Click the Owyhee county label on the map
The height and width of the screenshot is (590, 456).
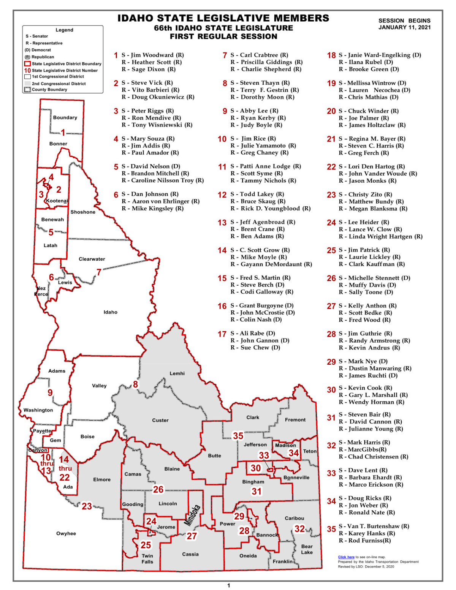(x=66, y=533)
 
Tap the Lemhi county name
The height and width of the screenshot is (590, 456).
(x=177, y=373)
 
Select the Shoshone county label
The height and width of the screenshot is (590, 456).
(x=83, y=212)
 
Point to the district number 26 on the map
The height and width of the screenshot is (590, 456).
(x=158, y=489)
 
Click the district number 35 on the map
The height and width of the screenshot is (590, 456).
(x=238, y=436)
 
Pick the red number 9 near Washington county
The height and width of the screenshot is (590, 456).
(x=50, y=393)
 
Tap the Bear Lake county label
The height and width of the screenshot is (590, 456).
(x=307, y=549)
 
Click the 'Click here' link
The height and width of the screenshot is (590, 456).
(x=346, y=557)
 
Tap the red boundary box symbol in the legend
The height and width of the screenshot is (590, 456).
(x=27, y=64)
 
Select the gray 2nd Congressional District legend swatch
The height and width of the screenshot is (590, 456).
(x=27, y=84)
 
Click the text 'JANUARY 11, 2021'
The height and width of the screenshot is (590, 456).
(x=404, y=27)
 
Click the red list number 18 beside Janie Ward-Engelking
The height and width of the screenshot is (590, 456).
(x=331, y=55)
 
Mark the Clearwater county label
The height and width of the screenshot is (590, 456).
(x=92, y=259)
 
